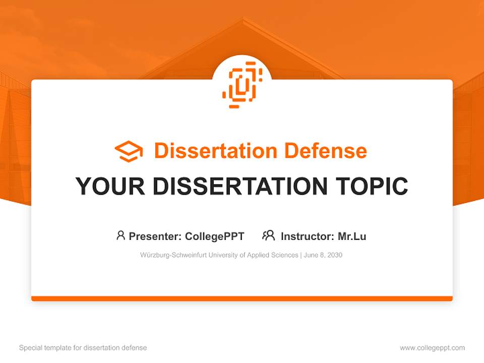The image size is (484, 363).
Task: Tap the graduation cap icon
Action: (129, 151)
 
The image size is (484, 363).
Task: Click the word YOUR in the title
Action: (110, 187)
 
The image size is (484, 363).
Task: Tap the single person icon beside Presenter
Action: (120, 235)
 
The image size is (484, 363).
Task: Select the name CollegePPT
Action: (215, 236)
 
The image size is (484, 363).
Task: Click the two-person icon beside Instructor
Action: (268, 235)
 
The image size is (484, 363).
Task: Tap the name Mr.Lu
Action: (352, 236)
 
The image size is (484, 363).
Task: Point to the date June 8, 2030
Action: (323, 255)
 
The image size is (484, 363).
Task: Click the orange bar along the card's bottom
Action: (242, 298)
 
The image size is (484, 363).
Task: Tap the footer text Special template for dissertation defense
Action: (83, 348)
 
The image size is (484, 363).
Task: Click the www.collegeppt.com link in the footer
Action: (432, 348)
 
